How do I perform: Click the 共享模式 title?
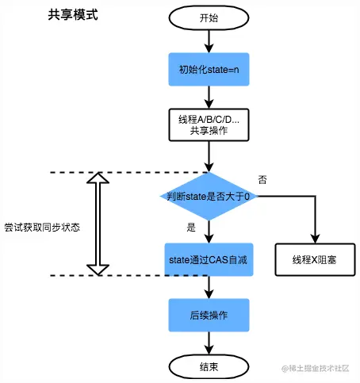pyautogui.click(x=73, y=14)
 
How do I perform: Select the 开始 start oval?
pyautogui.click(x=209, y=17)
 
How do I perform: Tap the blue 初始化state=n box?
pyautogui.click(x=209, y=69)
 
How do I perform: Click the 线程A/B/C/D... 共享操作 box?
pyautogui.click(x=209, y=124)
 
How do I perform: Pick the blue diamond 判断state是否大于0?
pyautogui.click(x=209, y=196)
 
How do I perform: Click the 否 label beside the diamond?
pyautogui.click(x=262, y=180)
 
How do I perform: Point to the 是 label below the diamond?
pyautogui.click(x=191, y=228)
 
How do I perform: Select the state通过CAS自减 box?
pyautogui.click(x=209, y=259)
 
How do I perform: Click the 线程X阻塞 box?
pyautogui.click(x=315, y=260)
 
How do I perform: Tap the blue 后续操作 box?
pyautogui.click(x=209, y=315)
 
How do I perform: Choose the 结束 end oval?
pyautogui.click(x=209, y=367)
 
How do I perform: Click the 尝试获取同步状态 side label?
pyautogui.click(x=42, y=228)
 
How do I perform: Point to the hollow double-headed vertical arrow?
pyautogui.click(x=98, y=224)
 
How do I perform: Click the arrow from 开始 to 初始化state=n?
pyautogui.click(x=209, y=41)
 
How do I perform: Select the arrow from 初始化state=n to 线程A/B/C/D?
pyautogui.click(x=209, y=97)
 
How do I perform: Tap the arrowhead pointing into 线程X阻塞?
pyautogui.click(x=315, y=239)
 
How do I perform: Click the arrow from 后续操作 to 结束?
pyautogui.click(x=209, y=343)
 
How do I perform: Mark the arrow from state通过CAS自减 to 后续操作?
pyautogui.click(x=209, y=287)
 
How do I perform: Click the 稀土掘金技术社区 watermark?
pyautogui.click(x=315, y=368)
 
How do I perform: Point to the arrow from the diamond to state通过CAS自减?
pyautogui.click(x=209, y=232)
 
